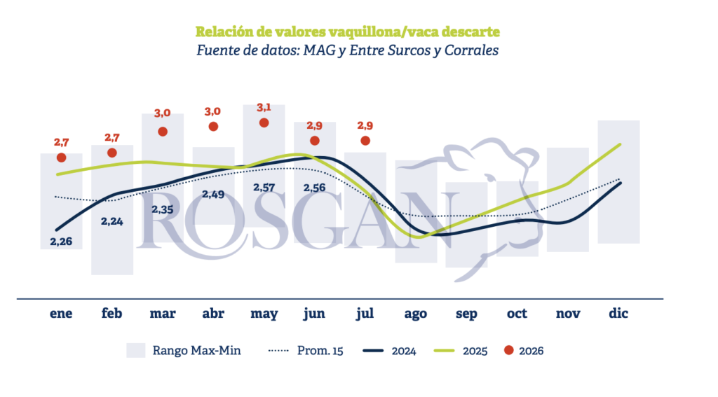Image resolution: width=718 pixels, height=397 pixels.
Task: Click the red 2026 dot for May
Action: pyautogui.click(x=264, y=123)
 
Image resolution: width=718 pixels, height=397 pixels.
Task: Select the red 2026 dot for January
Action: pyautogui.click(x=62, y=158)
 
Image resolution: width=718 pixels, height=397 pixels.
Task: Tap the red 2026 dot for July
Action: pyautogui.click(x=365, y=141)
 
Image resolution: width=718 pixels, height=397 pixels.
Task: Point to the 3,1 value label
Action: pyautogui.click(x=264, y=108)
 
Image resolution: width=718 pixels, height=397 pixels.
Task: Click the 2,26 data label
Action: pyautogui.click(x=61, y=242)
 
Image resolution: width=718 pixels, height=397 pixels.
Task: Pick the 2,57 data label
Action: pyautogui.click(x=264, y=188)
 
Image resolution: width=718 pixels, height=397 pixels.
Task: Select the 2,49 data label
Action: pyautogui.click(x=213, y=195)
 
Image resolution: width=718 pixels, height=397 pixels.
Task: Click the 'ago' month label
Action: pyautogui.click(x=415, y=314)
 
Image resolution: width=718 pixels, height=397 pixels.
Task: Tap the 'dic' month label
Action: pyautogui.click(x=618, y=313)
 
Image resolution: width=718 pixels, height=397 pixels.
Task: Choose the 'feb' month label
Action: pyautogui.click(x=111, y=313)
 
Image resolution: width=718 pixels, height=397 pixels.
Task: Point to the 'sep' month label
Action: pyautogui.click(x=466, y=314)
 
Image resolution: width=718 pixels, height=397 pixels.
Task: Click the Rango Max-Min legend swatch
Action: pyautogui.click(x=135, y=350)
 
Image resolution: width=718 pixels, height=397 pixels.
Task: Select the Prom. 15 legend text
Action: pyautogui.click(x=320, y=351)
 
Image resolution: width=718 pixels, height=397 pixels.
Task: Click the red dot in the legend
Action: pyautogui.click(x=509, y=350)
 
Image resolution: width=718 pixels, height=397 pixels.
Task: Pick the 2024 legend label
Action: pyautogui.click(x=404, y=351)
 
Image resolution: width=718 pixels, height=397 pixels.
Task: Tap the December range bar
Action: pyautogui.click(x=618, y=182)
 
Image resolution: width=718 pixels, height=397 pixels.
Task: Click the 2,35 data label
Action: pyautogui.click(x=163, y=210)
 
